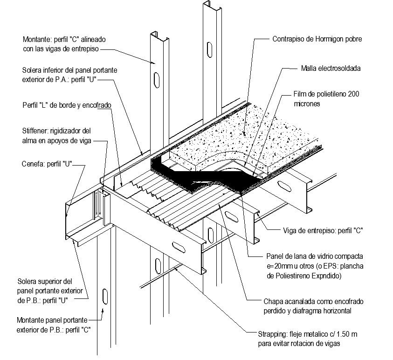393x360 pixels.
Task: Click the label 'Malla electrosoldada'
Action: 331,68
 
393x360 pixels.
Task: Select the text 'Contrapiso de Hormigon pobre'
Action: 317,39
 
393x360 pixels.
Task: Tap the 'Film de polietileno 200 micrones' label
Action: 326,99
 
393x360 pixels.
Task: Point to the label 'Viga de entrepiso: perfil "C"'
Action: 323,230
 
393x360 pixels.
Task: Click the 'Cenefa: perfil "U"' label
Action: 47,164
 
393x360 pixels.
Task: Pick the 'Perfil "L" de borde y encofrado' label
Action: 67,105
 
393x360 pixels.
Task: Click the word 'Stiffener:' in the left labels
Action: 35,131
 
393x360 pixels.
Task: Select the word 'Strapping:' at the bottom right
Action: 272,334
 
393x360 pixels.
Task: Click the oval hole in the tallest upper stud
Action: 209,50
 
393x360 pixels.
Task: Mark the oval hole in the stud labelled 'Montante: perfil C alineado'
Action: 157,80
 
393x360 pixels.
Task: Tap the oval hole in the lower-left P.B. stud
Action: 105,297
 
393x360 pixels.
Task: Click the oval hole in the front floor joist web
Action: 179,247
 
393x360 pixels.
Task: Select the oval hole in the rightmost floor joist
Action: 285,187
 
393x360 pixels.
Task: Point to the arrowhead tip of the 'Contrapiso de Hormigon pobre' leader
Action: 245,136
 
